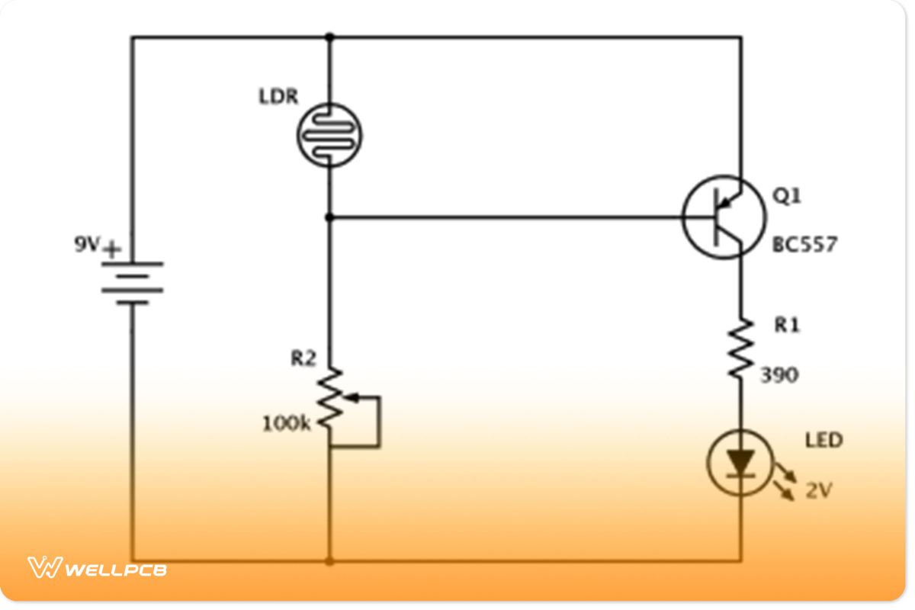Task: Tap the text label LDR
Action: point(278,98)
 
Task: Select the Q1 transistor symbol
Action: point(723,217)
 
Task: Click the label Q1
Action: point(787,196)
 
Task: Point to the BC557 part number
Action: point(804,245)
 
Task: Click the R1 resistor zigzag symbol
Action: point(740,348)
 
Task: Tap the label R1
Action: point(788,325)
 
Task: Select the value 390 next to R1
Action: point(779,374)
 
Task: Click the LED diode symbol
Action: point(740,463)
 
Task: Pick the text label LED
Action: point(824,441)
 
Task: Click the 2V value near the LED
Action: point(818,491)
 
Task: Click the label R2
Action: point(303,358)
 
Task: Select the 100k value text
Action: point(287,423)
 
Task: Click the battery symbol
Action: point(132,283)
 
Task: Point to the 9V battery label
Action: point(87,246)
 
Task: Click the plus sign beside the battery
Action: point(113,249)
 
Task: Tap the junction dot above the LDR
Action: point(329,37)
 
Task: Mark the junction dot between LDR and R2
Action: point(329,217)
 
